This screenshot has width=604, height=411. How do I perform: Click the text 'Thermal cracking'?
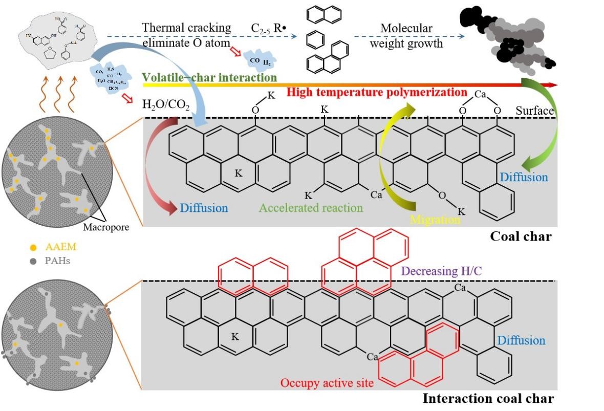187,27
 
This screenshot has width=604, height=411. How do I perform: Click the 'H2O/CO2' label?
166,106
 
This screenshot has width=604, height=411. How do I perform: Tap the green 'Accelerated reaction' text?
311,208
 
